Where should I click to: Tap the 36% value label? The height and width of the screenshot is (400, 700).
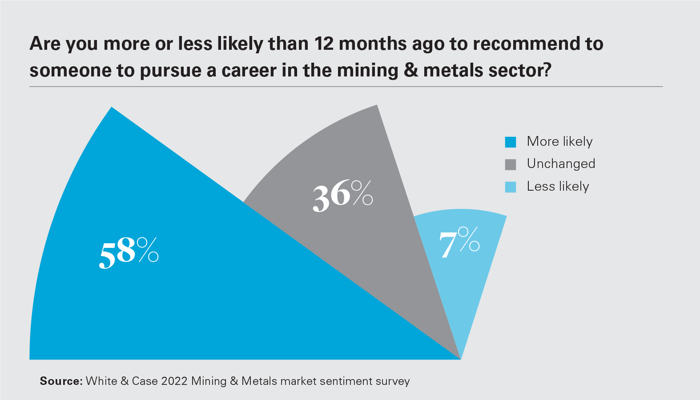point(342,196)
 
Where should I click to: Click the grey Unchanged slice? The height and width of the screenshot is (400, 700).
point(356,249)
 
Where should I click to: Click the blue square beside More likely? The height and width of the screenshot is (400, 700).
point(511,142)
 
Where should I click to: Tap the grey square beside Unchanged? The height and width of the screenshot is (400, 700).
point(511,164)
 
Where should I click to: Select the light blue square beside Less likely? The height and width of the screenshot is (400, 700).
point(511,187)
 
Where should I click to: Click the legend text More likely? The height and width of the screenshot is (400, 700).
point(559,141)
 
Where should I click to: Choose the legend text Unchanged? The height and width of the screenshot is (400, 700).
point(561,164)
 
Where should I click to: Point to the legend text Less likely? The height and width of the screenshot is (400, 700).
point(558,187)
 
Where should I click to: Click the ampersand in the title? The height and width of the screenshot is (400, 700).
point(411,70)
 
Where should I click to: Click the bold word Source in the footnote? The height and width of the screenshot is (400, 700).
point(61,381)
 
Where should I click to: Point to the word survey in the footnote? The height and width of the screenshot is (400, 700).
point(393,381)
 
